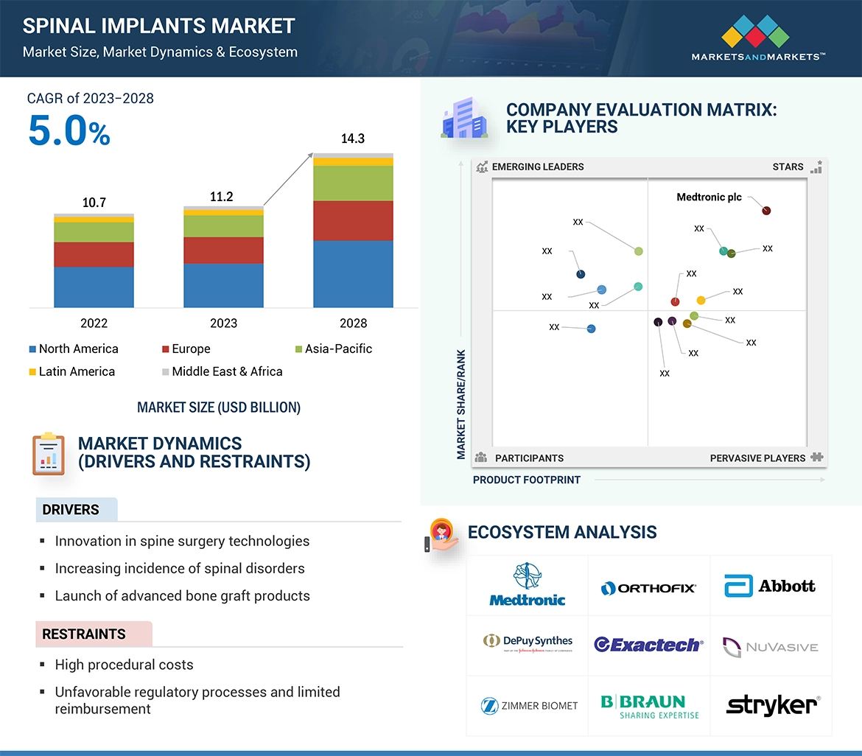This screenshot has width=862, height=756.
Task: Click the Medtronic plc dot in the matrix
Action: tap(766, 211)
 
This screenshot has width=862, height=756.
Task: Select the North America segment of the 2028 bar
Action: tap(353, 273)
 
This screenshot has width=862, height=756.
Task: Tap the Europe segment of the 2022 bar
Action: tap(94, 254)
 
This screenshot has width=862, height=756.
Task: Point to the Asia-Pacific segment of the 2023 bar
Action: tap(223, 226)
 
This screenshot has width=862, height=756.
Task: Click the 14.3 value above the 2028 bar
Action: tap(353, 139)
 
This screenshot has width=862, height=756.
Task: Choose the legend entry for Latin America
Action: tap(71, 371)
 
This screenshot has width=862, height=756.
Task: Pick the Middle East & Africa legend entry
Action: tap(222, 371)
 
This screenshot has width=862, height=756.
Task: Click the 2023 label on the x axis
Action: tap(223, 323)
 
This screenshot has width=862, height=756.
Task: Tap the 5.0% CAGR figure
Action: tap(69, 131)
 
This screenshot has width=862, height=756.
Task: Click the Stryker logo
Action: tap(771, 705)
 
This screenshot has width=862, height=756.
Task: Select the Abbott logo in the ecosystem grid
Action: tap(770, 587)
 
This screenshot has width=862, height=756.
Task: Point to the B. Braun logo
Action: tap(649, 705)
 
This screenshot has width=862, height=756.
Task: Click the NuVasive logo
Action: tap(770, 647)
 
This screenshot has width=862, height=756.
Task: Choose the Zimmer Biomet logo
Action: tap(529, 705)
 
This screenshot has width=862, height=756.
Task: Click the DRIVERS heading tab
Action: tap(71, 510)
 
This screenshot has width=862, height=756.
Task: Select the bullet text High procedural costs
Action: tap(124, 665)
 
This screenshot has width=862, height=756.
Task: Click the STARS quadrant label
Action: tap(788, 167)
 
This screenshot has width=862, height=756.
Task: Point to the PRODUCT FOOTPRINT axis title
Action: tap(527, 480)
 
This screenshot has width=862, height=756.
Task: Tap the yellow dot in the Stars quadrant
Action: tap(701, 300)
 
